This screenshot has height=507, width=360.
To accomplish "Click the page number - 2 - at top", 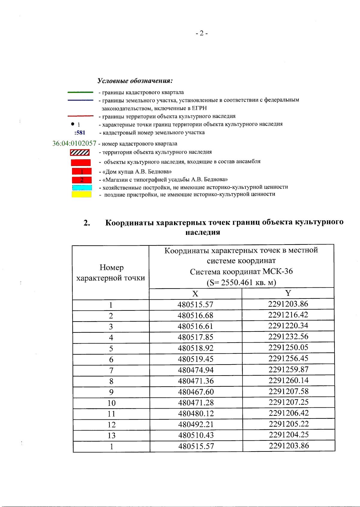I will pos(202,33).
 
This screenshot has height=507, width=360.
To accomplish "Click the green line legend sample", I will pos(80,92).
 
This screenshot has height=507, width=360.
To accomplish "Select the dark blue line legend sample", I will pos(80,100).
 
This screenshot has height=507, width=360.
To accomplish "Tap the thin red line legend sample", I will pos(80,116).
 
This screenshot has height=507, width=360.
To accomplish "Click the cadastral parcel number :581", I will pos(80,133).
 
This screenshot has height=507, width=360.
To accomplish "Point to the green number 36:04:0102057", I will pos(74,143).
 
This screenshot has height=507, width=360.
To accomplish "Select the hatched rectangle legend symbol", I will pos(80,152).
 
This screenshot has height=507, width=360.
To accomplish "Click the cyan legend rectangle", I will pos(82,187).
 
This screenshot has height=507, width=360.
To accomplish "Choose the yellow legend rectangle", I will pos(81,194).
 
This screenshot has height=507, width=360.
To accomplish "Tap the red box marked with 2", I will pos(82,180).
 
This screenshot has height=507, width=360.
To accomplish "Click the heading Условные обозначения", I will pos(135,81).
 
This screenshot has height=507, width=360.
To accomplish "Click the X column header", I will pos(195,294).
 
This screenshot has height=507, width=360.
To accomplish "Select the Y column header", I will pos(288,293).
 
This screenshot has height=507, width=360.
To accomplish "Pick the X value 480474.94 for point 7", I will pos(196,370).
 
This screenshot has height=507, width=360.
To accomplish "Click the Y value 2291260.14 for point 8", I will pos(288,380).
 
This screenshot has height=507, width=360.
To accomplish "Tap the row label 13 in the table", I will pos(111,435).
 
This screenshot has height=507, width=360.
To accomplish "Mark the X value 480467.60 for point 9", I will pos(196,392).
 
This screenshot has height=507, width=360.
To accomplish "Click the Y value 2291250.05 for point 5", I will pos(288,347).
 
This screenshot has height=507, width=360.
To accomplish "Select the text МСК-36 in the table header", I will pos(277,271).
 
